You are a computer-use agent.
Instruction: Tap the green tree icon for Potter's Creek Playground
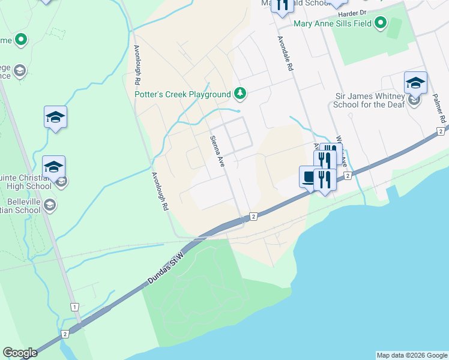[240, 93]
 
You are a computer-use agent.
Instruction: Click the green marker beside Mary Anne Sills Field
[380, 23]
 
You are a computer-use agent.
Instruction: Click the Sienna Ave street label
[217, 151]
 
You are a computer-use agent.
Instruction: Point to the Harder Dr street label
[352, 13]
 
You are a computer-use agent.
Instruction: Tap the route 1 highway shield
[74, 307]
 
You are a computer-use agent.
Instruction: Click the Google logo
[20, 353]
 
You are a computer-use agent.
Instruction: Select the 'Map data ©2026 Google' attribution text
[412, 355]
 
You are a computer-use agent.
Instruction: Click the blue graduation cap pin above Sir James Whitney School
[415, 82]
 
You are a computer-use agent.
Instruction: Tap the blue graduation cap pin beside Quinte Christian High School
[54, 166]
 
